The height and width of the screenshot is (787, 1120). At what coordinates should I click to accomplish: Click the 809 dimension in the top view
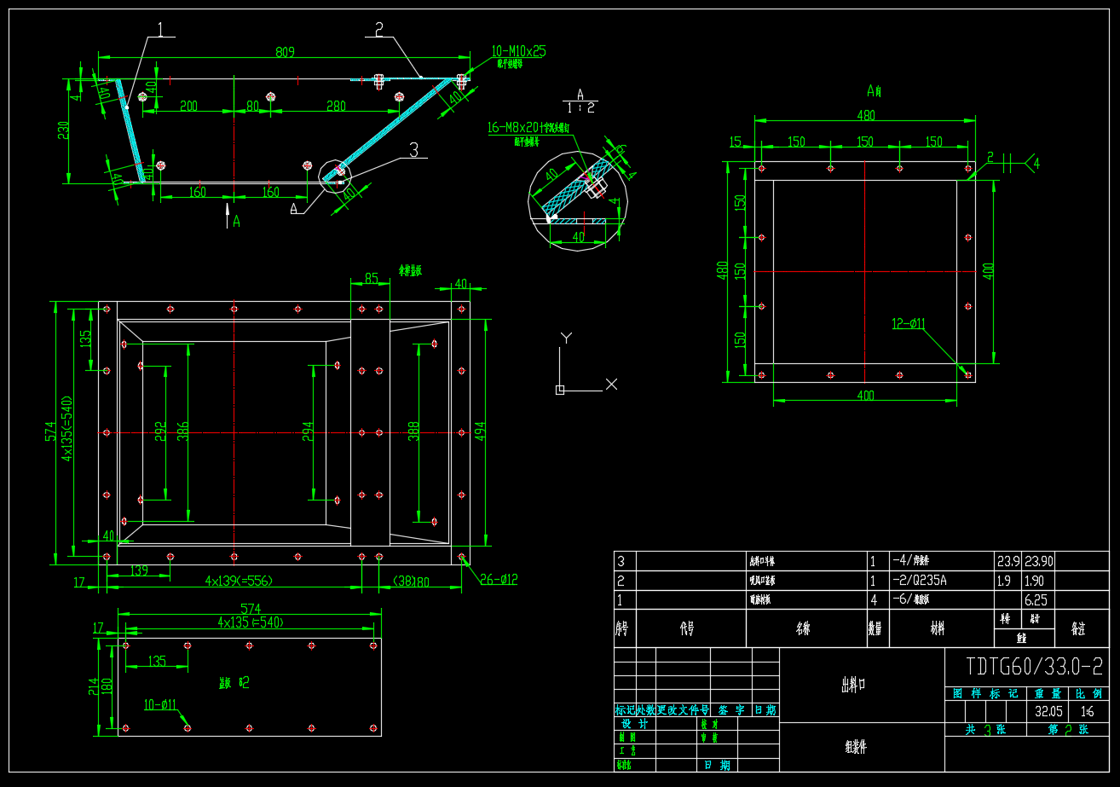click(x=285, y=52)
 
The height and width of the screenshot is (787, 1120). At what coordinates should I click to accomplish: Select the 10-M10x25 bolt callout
click(x=518, y=51)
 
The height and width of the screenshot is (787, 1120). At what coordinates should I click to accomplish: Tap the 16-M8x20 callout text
click(x=528, y=127)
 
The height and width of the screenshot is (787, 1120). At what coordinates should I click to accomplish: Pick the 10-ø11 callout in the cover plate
click(x=159, y=704)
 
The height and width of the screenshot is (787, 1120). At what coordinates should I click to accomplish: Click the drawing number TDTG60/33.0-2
click(x=1034, y=665)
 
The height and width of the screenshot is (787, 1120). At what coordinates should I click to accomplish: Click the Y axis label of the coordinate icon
click(x=564, y=339)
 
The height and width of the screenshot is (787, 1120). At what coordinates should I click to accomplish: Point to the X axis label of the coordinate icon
click(x=611, y=385)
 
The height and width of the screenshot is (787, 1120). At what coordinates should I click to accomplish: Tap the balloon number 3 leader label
click(x=414, y=150)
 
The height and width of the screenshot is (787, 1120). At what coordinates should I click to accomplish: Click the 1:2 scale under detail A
click(x=580, y=107)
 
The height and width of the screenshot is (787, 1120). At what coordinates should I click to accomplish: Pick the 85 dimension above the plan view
click(x=371, y=278)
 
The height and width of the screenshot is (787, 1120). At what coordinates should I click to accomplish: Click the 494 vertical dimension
click(x=479, y=431)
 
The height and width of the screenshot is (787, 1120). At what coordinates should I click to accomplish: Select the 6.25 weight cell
click(x=1036, y=599)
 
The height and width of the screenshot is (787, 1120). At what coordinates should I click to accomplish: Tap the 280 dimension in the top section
click(x=336, y=107)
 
